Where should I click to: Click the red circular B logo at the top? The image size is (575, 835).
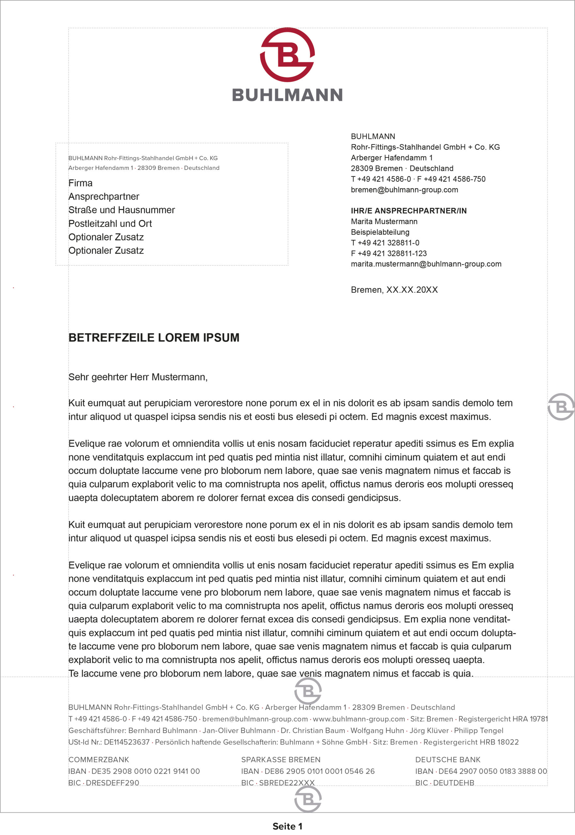287,54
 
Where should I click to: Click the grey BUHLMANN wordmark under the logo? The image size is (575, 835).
287,95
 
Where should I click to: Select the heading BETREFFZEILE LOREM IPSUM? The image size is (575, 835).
154,338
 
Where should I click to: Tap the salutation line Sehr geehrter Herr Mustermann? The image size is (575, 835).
138,377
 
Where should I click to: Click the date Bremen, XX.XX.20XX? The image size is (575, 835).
394,290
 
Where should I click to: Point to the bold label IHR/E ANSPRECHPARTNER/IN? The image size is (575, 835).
409,211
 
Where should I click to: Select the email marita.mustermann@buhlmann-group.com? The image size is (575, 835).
426,264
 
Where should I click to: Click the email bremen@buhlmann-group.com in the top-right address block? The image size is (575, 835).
404,190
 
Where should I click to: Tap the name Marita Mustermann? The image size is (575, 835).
384,221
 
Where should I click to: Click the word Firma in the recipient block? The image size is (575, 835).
80,183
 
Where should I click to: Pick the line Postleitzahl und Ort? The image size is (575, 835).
110,224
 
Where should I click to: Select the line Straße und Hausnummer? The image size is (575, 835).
121,210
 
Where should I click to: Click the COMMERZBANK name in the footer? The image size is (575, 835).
98,760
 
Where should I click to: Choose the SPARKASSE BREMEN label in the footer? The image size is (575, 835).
281,760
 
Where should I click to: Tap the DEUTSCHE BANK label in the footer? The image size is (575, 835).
447,760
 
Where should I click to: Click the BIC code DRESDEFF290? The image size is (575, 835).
112,783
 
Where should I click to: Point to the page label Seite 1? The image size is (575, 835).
287,827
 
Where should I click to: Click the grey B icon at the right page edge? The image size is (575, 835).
561,407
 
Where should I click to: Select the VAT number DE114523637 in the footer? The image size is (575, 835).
127,742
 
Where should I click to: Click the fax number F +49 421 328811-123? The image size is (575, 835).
388,253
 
